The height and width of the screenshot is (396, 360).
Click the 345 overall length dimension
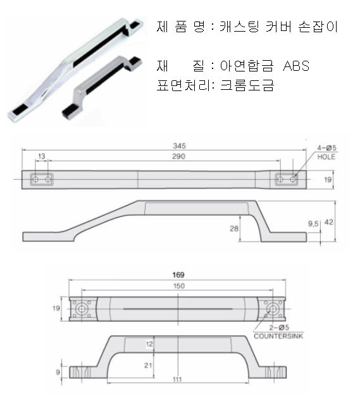pyautogui.click(x=179, y=146)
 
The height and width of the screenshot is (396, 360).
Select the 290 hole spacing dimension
pyautogui.click(x=178, y=157)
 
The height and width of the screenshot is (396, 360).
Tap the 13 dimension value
pyautogui.click(x=41, y=156)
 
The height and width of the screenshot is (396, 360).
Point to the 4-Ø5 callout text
pyautogui.click(x=327, y=148)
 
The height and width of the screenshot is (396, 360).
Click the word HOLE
pyautogui.click(x=326, y=157)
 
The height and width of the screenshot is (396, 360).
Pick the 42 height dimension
pyautogui.click(x=328, y=222)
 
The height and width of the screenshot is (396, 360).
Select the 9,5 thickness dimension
pyautogui.click(x=313, y=224)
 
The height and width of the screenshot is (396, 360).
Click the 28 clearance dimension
pyautogui.click(x=234, y=228)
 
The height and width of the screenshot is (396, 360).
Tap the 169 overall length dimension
pyautogui.click(x=178, y=275)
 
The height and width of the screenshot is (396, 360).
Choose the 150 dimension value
pyautogui.click(x=179, y=286)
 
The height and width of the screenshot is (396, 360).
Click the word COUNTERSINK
pyautogui.click(x=278, y=336)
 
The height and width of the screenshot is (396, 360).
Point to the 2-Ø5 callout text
pyautogui.click(x=279, y=328)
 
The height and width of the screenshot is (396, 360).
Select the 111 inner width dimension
pyautogui.click(x=177, y=380)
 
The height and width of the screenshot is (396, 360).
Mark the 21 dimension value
pyautogui.click(x=148, y=366)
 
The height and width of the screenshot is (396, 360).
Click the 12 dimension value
pyautogui.click(x=149, y=344)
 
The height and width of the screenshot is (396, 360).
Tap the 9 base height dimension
pyautogui.click(x=58, y=372)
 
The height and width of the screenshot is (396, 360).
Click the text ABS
pyautogui.click(x=296, y=66)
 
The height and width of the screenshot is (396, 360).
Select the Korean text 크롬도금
pyautogui.click(x=247, y=85)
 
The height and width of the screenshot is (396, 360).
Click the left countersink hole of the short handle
pyautogui.click(x=82, y=309)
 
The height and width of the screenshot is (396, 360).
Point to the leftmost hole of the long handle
pyautogui.click(x=35, y=179)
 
